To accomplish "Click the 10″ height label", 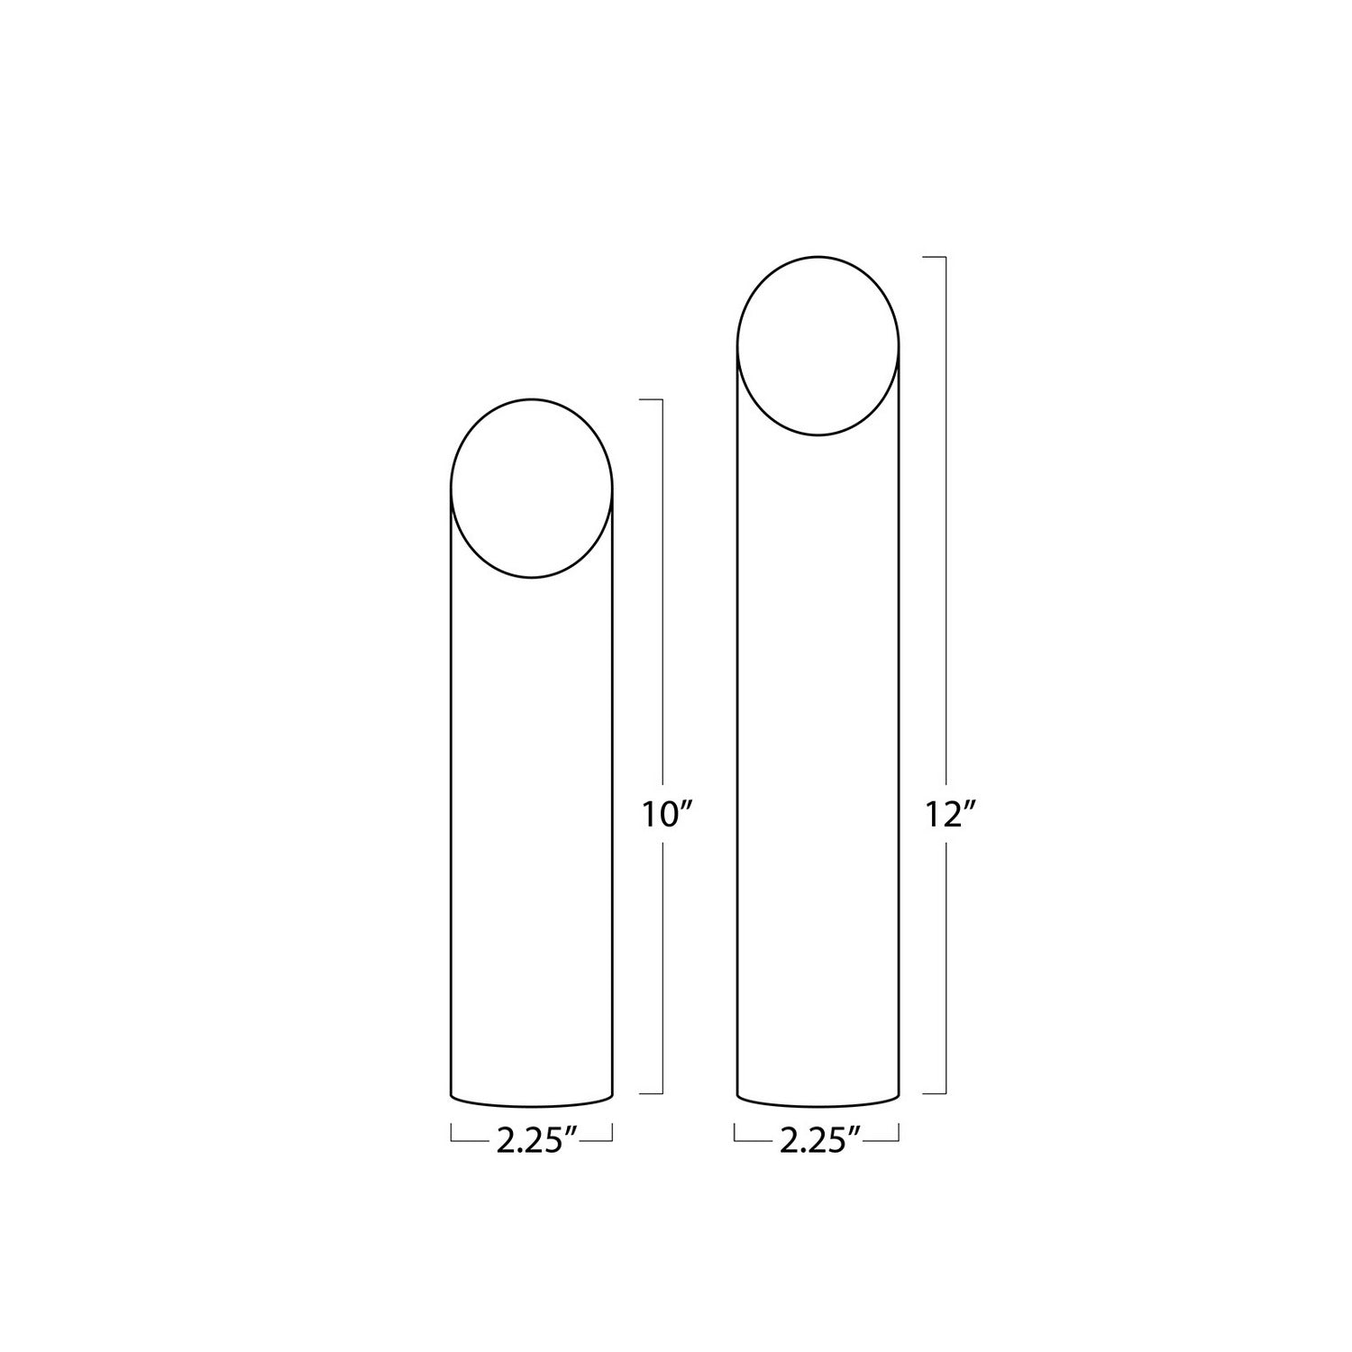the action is point(667,815).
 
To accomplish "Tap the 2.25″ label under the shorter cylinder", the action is point(536,1141).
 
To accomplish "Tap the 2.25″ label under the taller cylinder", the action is point(820,1141).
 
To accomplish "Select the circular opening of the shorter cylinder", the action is point(532,398).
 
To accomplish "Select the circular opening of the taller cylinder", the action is point(818,257).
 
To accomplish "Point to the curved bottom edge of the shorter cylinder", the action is point(532,1106).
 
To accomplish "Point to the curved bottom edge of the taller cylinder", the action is point(818,1106).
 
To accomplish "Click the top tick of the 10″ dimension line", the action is point(652,398).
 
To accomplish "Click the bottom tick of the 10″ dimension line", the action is point(652,1093).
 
